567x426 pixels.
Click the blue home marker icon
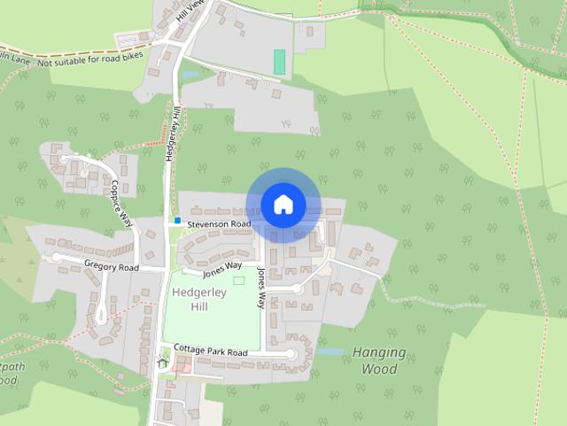283,204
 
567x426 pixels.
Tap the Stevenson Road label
218,225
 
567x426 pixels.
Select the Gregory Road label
112,266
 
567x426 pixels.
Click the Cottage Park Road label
210,351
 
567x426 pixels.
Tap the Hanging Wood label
380,359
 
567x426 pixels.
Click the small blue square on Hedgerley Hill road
177,220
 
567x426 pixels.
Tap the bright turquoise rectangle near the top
280,62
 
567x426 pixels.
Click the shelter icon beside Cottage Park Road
162,361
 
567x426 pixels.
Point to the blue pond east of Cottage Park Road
330,351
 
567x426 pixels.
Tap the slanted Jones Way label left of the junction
221,265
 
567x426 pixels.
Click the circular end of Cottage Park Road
290,354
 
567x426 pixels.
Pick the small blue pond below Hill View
192,75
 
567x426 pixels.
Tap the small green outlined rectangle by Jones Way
238,280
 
